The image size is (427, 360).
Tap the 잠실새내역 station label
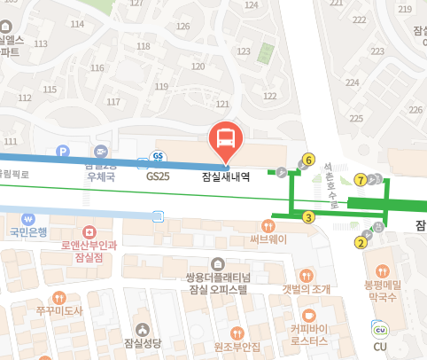click(x=226, y=176)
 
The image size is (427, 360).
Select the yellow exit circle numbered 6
click(x=308, y=160)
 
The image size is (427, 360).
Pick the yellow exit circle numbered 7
click(x=361, y=179)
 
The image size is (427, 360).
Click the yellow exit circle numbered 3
click(x=308, y=216)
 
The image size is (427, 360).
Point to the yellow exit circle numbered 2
click(x=361, y=242)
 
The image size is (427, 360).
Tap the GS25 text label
click(x=159, y=176)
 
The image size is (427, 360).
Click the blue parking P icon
click(x=62, y=152)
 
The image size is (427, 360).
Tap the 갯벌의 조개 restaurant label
click(x=307, y=289)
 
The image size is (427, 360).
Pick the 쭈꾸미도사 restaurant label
click(x=59, y=311)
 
